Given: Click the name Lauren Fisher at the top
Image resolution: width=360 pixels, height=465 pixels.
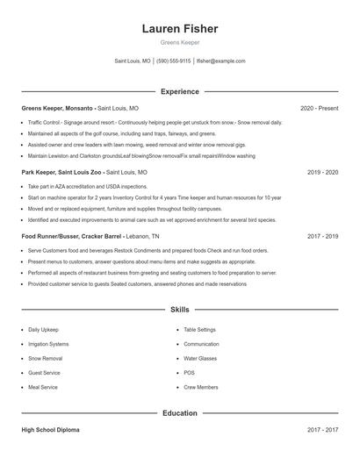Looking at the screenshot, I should coord(179,29).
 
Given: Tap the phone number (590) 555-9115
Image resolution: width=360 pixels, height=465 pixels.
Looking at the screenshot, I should coord(173,61).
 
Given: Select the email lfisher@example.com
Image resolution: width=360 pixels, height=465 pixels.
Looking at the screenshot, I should coord(221,61).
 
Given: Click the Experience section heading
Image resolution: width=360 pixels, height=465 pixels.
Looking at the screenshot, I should coord(179,91).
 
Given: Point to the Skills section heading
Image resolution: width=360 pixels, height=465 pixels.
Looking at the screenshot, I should coord(179,310).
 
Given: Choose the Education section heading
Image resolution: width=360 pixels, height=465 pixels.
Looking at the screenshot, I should coord(179,412).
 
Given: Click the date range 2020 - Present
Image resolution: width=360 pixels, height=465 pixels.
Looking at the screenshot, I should coord(319,108).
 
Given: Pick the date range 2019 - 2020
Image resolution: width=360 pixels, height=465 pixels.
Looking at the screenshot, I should coord(322,173).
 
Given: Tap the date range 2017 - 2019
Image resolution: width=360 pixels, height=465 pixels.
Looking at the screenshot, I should coord(322,237).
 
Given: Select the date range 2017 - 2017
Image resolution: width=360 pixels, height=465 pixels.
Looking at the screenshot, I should coord(322,430).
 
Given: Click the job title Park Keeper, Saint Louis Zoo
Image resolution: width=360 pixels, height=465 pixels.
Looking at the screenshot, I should coord(62,173).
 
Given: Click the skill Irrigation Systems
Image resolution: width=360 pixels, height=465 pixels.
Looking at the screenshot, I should coord(48,344).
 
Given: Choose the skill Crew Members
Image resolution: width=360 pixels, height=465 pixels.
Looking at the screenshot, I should coord(201,387).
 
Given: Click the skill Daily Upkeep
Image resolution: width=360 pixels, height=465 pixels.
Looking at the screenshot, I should coord(45,330).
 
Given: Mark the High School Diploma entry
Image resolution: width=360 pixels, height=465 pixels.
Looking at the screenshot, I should coord(52,430).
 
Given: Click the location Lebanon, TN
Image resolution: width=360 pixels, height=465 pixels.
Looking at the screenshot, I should coord(143,237).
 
